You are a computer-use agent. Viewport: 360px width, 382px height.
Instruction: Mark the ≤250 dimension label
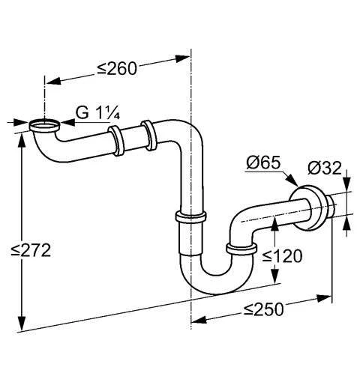(x=265, y=308)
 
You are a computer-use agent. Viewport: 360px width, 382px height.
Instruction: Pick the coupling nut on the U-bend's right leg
(x=240, y=249)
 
